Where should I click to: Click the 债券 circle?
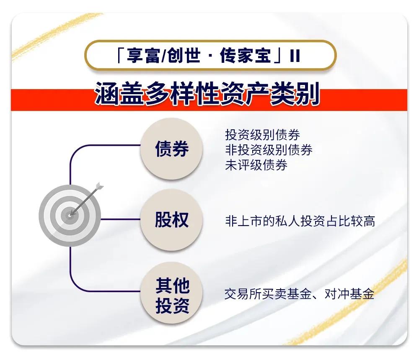pyautogui.click(x=172, y=149)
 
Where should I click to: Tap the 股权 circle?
pyautogui.click(x=172, y=220)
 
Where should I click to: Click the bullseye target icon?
pyautogui.click(x=70, y=216)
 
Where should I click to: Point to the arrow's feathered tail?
pyautogui.click(x=99, y=185)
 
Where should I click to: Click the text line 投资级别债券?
pyautogui.click(x=263, y=135)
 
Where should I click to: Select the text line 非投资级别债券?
pyautogui.click(x=269, y=149)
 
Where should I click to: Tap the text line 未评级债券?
pyautogui.click(x=256, y=165)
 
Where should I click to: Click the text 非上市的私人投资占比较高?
pyautogui.click(x=300, y=221)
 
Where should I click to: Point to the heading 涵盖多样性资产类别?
pyautogui.click(x=207, y=94)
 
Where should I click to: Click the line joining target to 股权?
pyautogui.click(x=122, y=219)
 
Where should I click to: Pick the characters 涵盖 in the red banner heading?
pyautogui.click(x=117, y=94)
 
